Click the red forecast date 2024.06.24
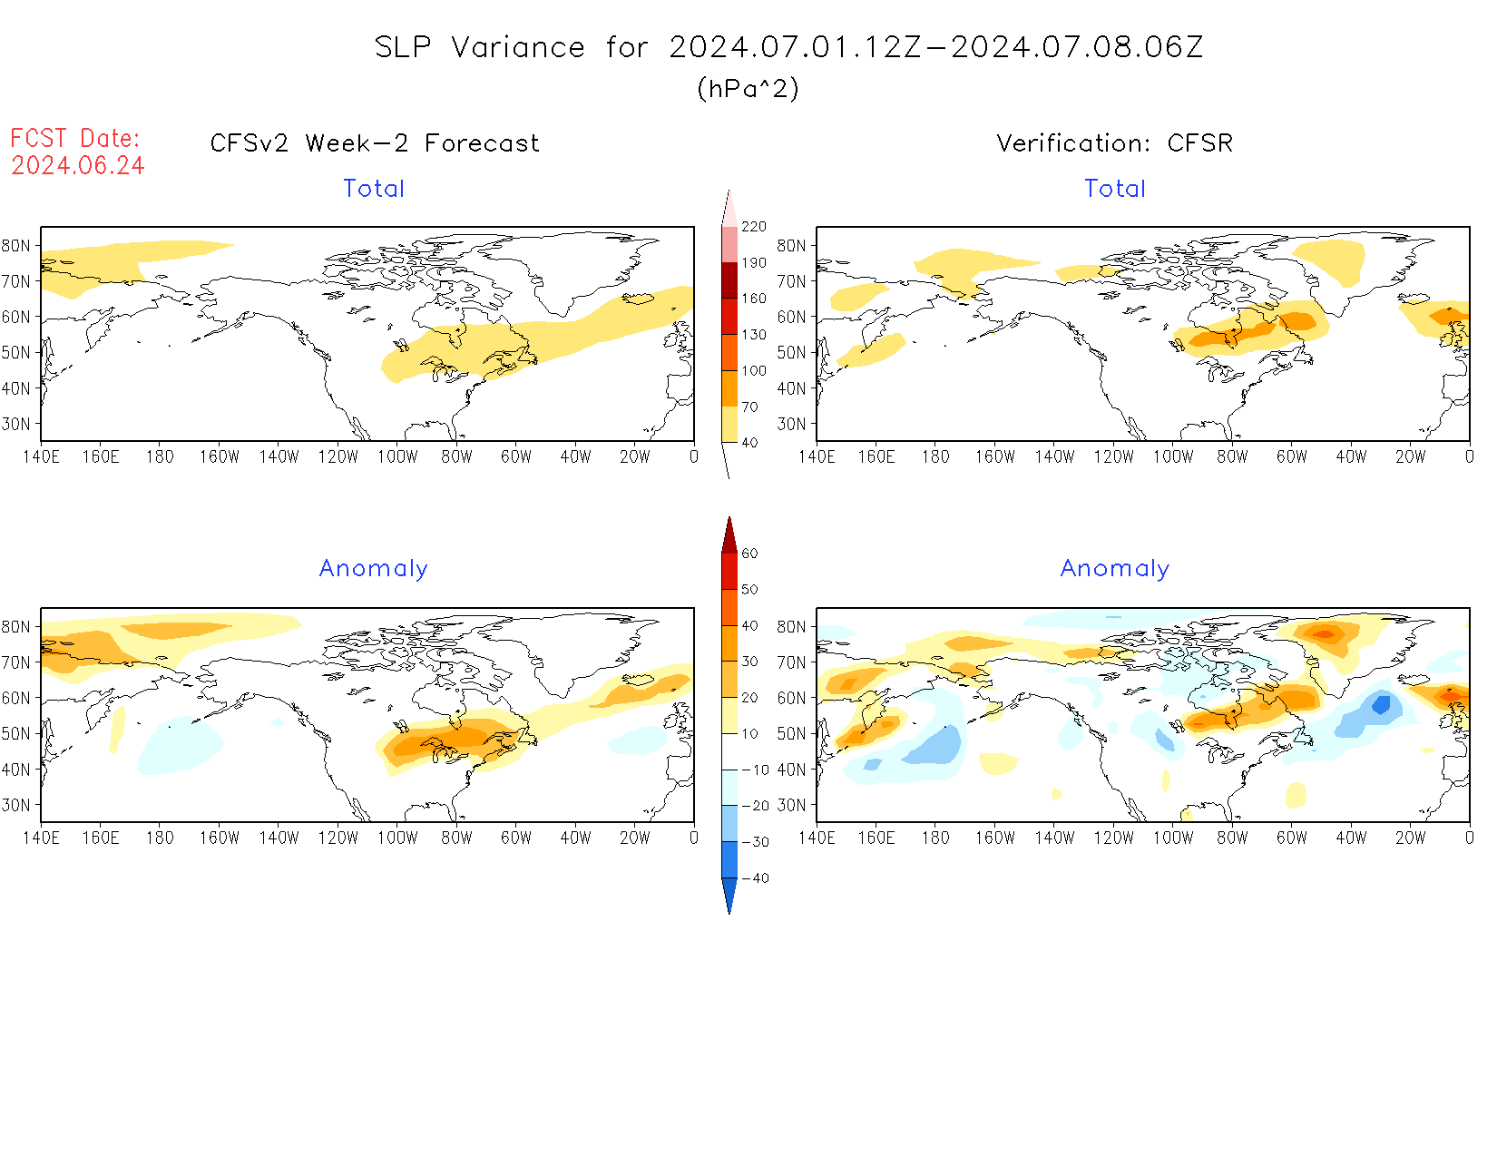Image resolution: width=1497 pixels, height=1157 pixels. point(78,166)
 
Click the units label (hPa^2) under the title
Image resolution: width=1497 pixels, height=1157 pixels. point(748,88)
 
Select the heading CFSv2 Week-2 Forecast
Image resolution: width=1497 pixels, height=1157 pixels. point(375,143)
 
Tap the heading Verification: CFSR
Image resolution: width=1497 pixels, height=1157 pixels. point(1114,143)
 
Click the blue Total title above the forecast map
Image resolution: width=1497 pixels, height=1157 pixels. point(374,189)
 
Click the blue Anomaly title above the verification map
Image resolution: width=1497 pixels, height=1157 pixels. point(1115,568)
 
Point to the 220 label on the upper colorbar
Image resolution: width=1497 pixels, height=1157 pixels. point(754,227)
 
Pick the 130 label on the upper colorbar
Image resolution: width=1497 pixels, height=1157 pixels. point(754,335)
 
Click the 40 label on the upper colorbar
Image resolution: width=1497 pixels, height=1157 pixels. point(749,443)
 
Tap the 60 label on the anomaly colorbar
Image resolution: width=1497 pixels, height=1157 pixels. point(749,554)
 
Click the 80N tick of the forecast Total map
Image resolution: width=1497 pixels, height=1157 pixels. point(17,245)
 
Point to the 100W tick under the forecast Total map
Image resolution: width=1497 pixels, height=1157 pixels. point(397,457)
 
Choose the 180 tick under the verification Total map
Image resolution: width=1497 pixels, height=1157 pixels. point(935,457)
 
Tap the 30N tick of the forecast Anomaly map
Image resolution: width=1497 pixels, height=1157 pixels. point(17,805)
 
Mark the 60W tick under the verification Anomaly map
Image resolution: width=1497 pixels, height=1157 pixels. point(1292,838)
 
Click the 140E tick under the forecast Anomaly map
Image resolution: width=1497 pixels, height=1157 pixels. point(42,838)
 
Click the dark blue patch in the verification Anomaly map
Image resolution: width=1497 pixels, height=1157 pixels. point(1381,703)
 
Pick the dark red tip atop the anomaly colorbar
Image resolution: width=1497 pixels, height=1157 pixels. point(729,537)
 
